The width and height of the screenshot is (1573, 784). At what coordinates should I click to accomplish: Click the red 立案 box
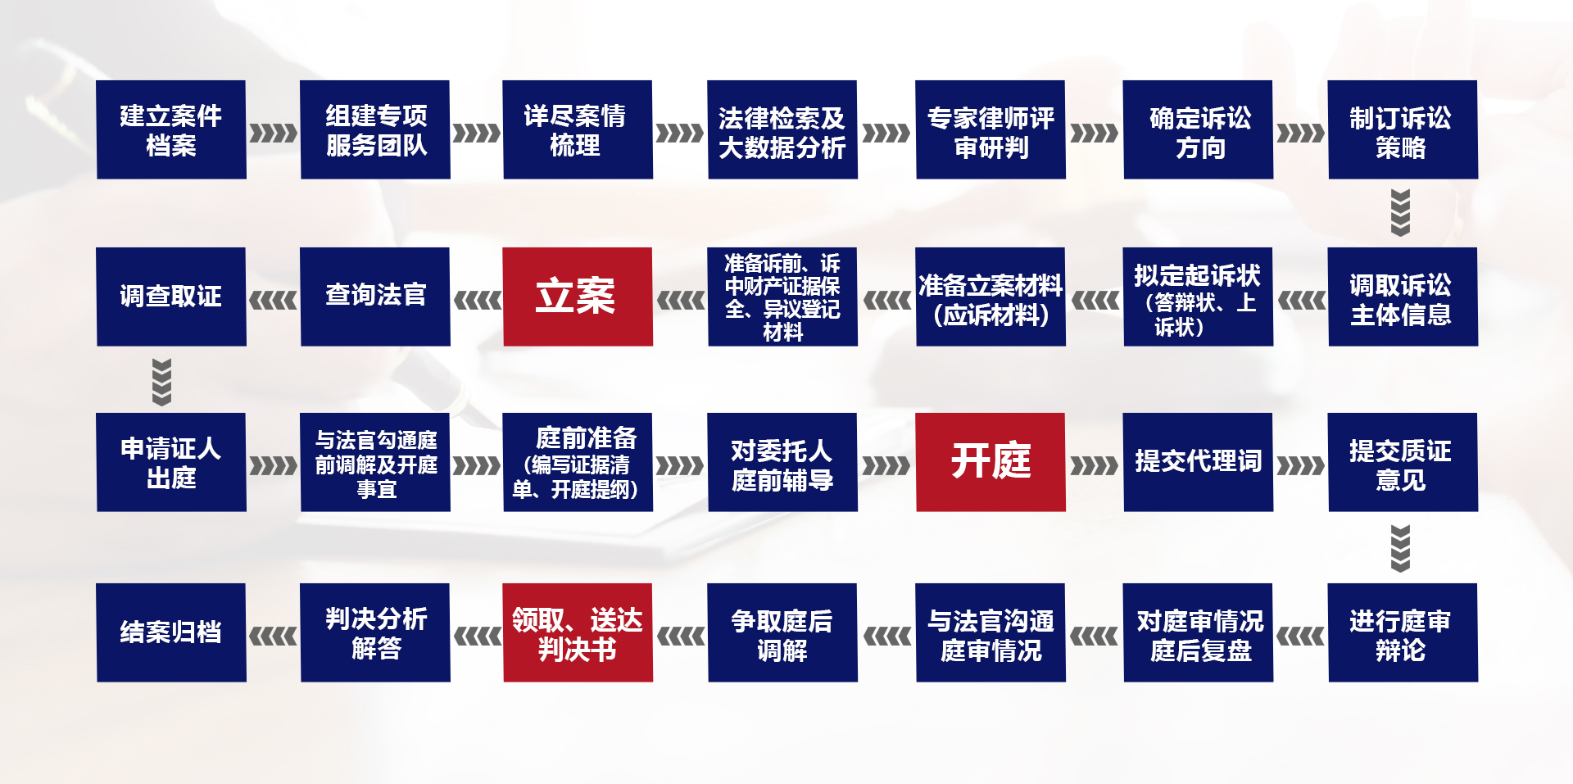[x=578, y=297]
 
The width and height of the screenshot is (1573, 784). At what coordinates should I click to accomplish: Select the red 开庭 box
[x=990, y=462]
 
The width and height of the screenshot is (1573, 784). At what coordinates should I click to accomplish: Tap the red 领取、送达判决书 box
[x=578, y=632]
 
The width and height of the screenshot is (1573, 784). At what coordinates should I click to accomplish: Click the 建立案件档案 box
[x=171, y=129]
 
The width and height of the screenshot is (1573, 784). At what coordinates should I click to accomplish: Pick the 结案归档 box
[x=171, y=632]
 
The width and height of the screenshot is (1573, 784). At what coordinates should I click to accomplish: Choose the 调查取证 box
[x=171, y=297]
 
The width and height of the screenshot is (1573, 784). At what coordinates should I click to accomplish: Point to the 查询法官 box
[x=375, y=297]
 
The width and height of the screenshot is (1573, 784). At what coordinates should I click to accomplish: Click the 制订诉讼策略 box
[x=1403, y=129]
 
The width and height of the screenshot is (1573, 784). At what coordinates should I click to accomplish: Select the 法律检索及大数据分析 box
[x=782, y=129]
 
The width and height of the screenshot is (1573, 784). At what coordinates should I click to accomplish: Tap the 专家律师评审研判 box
[x=990, y=129]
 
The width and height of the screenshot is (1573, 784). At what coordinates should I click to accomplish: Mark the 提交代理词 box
[x=1198, y=462]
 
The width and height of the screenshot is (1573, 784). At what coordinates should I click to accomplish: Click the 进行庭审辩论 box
[x=1403, y=632]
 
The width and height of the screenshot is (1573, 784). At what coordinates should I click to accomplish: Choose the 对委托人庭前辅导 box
[x=782, y=462]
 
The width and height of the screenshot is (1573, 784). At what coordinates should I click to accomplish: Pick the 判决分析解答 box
[x=375, y=632]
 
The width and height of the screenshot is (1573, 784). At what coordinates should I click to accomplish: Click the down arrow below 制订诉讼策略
[x=1401, y=213]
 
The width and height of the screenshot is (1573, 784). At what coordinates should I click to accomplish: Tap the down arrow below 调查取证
[x=162, y=382]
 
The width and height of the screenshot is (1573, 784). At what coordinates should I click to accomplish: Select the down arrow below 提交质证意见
[x=1401, y=548]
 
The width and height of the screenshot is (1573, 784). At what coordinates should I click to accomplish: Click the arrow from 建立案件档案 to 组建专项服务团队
[x=274, y=133]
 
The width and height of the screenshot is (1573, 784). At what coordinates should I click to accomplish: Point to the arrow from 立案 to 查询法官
[x=477, y=301]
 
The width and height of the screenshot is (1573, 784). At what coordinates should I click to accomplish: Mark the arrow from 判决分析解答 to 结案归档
[x=274, y=637]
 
